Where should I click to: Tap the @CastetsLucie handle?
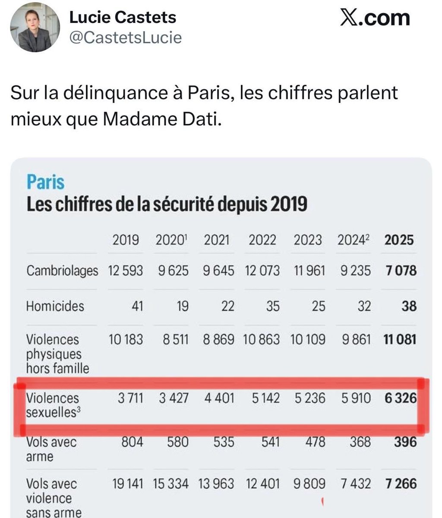(126, 38)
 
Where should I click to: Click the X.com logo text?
(375, 18)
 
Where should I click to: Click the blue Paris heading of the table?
(45, 182)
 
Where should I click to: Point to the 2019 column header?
(126, 240)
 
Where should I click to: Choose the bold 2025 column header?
(398, 240)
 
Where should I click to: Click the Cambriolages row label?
(62, 271)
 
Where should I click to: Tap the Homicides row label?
(55, 306)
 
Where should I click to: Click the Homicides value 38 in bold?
(408, 306)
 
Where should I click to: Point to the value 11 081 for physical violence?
(400, 339)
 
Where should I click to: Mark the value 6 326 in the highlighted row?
(400, 398)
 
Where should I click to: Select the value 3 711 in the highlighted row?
(130, 398)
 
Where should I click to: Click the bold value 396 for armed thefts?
(405, 442)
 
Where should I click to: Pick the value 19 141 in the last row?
(127, 483)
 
